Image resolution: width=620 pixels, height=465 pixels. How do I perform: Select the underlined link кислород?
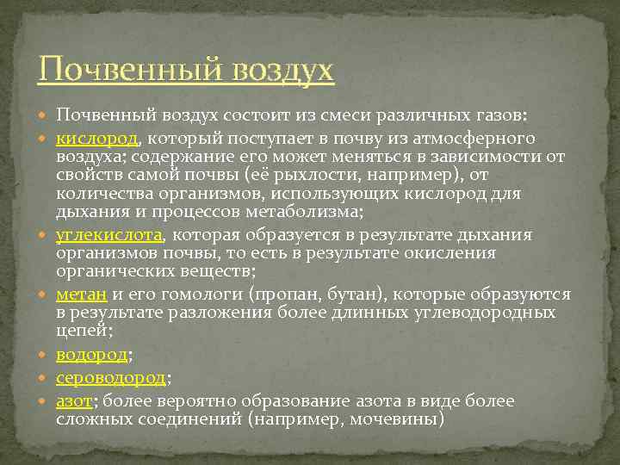95,138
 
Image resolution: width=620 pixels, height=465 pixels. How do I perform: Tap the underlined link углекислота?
109,234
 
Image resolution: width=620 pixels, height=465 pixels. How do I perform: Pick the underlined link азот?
74,401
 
